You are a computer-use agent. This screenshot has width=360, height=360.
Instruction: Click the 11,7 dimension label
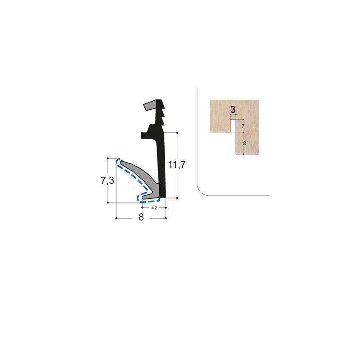click(x=177, y=165)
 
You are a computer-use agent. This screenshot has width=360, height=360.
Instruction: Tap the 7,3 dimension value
click(x=108, y=181)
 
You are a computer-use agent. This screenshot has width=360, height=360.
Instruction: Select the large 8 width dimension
click(x=141, y=217)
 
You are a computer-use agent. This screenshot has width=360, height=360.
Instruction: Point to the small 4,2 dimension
click(x=154, y=208)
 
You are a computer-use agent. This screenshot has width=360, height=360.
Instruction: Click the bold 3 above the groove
click(x=233, y=109)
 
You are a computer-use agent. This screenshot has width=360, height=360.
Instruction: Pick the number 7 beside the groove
click(x=243, y=126)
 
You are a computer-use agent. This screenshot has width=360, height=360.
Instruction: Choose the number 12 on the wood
click(x=243, y=143)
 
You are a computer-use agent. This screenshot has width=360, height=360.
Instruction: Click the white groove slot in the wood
click(x=233, y=126)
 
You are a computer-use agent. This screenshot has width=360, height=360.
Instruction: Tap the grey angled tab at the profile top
click(x=150, y=105)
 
